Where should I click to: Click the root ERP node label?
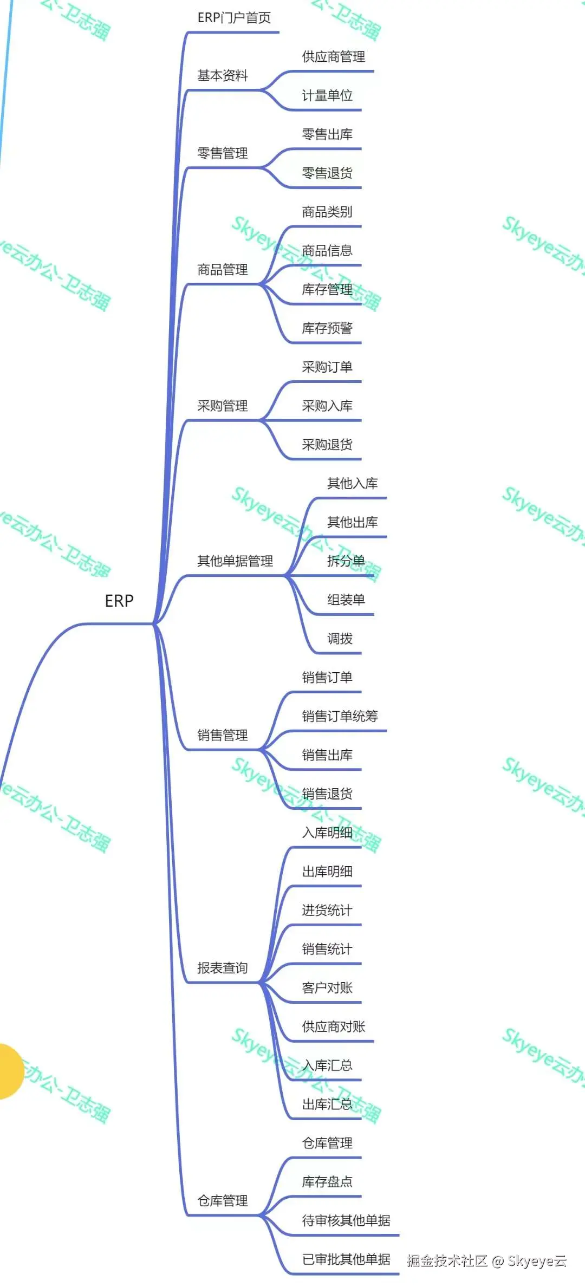tap(119, 601)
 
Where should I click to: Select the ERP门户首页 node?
tap(234, 18)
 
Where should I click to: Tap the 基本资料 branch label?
tap(222, 76)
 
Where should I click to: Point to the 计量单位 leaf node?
tap(327, 96)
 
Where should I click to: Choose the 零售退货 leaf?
tap(327, 173)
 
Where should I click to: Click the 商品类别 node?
tap(327, 212)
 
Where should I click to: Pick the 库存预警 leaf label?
tap(327, 328)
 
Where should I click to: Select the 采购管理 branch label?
tap(222, 406)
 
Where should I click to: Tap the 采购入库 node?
tap(327, 406)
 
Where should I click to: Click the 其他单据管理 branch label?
tap(235, 561)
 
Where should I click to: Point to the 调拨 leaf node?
tap(340, 639)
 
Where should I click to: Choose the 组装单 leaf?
tap(346, 600)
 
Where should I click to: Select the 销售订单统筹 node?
tap(340, 716)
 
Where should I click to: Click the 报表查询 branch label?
tap(222, 968)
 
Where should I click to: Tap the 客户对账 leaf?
tap(327, 988)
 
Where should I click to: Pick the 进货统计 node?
tap(327, 910)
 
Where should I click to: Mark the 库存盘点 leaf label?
tap(327, 1181)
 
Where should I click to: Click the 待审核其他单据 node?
tap(346, 1220)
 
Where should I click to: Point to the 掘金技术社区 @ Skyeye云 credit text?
tap(486, 1261)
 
